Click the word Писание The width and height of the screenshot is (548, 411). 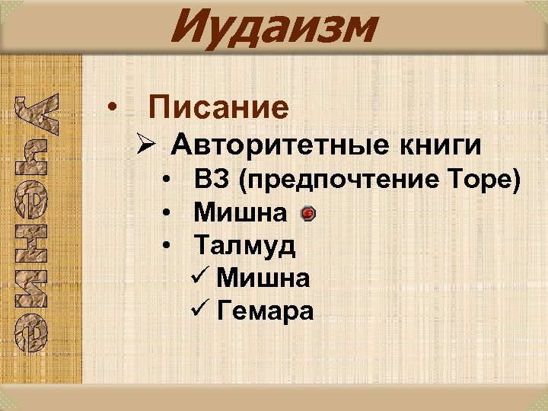pyautogui.click(x=219, y=108)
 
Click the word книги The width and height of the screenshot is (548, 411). pyautogui.click(x=449, y=144)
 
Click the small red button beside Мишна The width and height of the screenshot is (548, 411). pyautogui.click(x=307, y=214)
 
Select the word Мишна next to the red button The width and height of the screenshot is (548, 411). pyautogui.click(x=241, y=213)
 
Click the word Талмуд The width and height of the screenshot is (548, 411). pyautogui.click(x=245, y=246)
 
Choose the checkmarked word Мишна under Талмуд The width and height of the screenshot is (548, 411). pyautogui.click(x=263, y=279)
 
